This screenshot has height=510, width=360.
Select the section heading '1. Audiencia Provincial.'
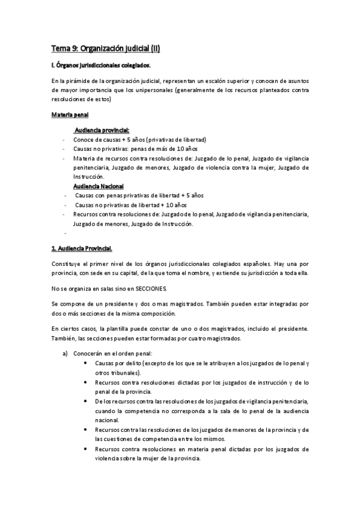(x=82, y=248)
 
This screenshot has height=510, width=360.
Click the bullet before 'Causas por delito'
(x=88, y=363)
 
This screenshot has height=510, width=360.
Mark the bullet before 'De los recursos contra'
(x=88, y=401)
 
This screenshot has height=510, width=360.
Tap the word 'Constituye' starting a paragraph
(x=67, y=264)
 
